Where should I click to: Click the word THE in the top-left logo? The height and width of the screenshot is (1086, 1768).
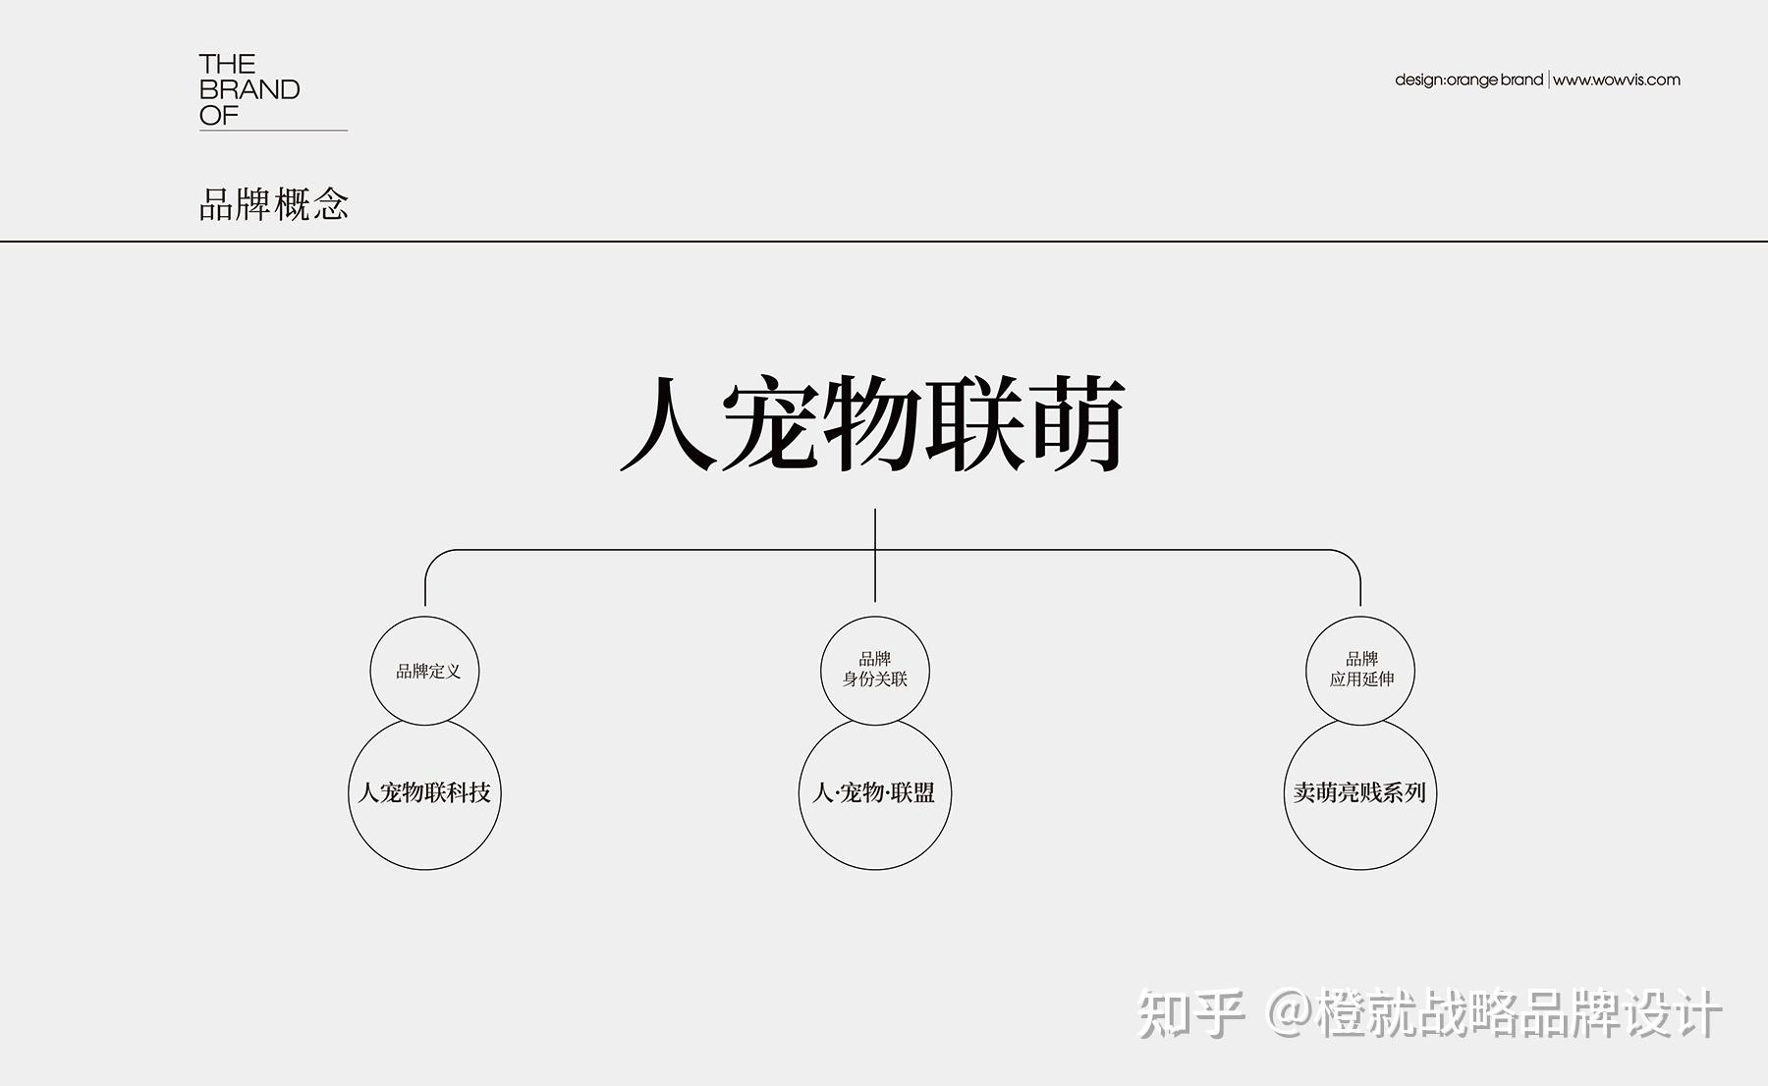pos(227,65)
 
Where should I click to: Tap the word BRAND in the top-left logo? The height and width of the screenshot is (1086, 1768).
pos(249,90)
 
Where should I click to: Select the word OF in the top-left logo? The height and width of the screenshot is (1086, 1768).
pos(218,116)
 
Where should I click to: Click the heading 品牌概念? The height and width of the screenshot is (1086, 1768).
pos(274,204)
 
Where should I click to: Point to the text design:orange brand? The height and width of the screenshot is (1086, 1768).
pos(1468,80)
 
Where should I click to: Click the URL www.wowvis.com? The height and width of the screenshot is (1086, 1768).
pos(1617,80)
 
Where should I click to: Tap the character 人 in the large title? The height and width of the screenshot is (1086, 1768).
pos(668,424)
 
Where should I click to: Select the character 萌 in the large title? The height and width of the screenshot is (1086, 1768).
pos(1077,424)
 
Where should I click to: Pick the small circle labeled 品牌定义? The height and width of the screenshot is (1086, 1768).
pos(425,671)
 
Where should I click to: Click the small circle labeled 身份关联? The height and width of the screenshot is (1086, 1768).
pos(874,670)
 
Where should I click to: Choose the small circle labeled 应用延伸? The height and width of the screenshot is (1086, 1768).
pos(1360,670)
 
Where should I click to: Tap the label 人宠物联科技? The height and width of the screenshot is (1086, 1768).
pos(424,792)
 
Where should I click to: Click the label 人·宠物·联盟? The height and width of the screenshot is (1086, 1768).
pos(874,792)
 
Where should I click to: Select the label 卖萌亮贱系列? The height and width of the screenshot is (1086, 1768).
pos(1359,792)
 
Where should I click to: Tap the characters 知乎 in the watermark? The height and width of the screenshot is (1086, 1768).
pos(1189,1013)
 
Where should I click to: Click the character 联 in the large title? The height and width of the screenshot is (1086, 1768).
pos(974,424)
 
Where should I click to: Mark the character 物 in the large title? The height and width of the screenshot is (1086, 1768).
pos(872,424)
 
